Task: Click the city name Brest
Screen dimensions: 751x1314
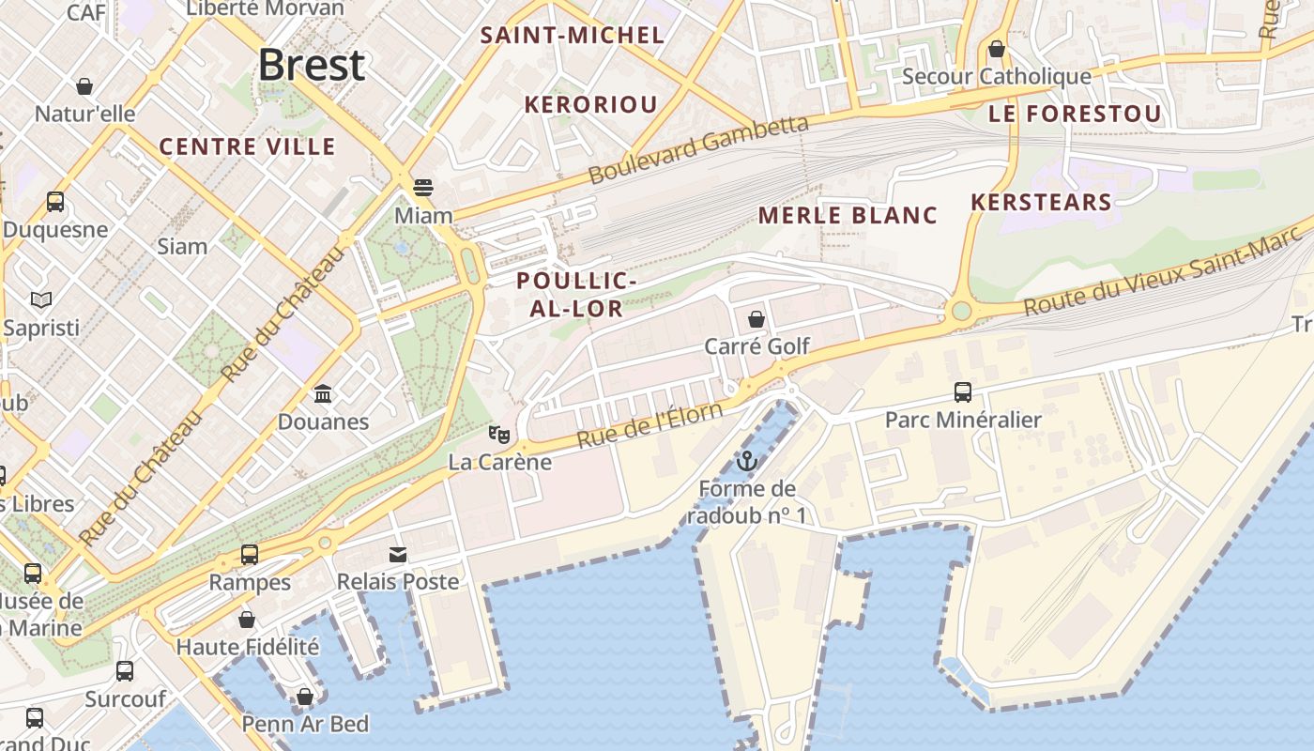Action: [x=311, y=65]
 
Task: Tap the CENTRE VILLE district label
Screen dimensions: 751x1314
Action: [x=247, y=146]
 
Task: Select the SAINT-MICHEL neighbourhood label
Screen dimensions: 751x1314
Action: [x=572, y=36]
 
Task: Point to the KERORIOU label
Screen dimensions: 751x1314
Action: [x=590, y=104]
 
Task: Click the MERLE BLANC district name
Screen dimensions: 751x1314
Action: [x=848, y=215]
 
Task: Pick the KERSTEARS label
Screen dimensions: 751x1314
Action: [x=1041, y=202]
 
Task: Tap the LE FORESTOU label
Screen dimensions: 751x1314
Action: [x=1075, y=115]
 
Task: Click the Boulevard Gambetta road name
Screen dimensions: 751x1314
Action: [x=698, y=150]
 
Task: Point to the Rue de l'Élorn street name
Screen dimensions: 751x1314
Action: [x=649, y=425]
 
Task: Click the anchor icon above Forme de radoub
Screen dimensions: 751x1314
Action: [x=747, y=461]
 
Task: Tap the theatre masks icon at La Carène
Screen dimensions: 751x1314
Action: [x=499, y=434]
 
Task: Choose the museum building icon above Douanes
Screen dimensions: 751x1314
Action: [x=323, y=392]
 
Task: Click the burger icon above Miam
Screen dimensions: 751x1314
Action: [x=423, y=187]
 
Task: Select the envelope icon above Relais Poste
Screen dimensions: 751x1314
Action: [x=399, y=554]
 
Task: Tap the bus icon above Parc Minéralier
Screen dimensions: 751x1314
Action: [x=963, y=391]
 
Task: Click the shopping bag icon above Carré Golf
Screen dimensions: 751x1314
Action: [x=756, y=319]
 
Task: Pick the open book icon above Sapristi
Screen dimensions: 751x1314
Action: [x=41, y=299]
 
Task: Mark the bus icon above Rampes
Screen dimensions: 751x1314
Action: [x=250, y=554]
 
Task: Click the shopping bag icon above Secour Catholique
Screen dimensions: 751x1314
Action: [x=997, y=48]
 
